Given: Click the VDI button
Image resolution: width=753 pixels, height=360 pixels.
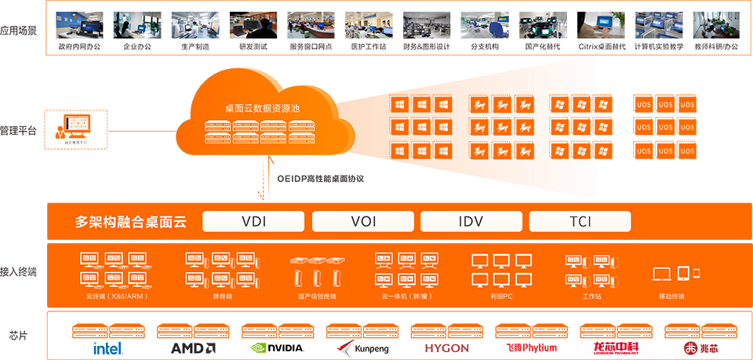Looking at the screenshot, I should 254,222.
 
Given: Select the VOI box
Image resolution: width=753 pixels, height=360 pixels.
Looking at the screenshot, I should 363,222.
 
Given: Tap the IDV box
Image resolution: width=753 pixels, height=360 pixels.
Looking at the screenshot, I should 471,222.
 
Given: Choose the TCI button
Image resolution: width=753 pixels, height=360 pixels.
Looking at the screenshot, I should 580,222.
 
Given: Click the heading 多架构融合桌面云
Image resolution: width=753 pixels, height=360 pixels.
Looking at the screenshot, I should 131,222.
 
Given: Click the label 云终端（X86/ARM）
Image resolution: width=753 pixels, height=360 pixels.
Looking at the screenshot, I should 116,296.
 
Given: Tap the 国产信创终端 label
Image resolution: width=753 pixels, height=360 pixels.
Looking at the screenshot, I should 317,296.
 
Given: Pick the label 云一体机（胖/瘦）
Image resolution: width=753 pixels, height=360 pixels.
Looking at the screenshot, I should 406,296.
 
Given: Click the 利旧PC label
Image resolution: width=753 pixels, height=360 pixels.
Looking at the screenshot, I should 502,296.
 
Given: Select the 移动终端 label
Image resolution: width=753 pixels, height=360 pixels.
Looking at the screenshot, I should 671,296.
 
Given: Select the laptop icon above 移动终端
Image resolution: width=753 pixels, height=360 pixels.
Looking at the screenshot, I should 662,274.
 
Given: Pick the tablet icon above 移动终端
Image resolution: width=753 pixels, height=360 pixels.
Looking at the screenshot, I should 683,273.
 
